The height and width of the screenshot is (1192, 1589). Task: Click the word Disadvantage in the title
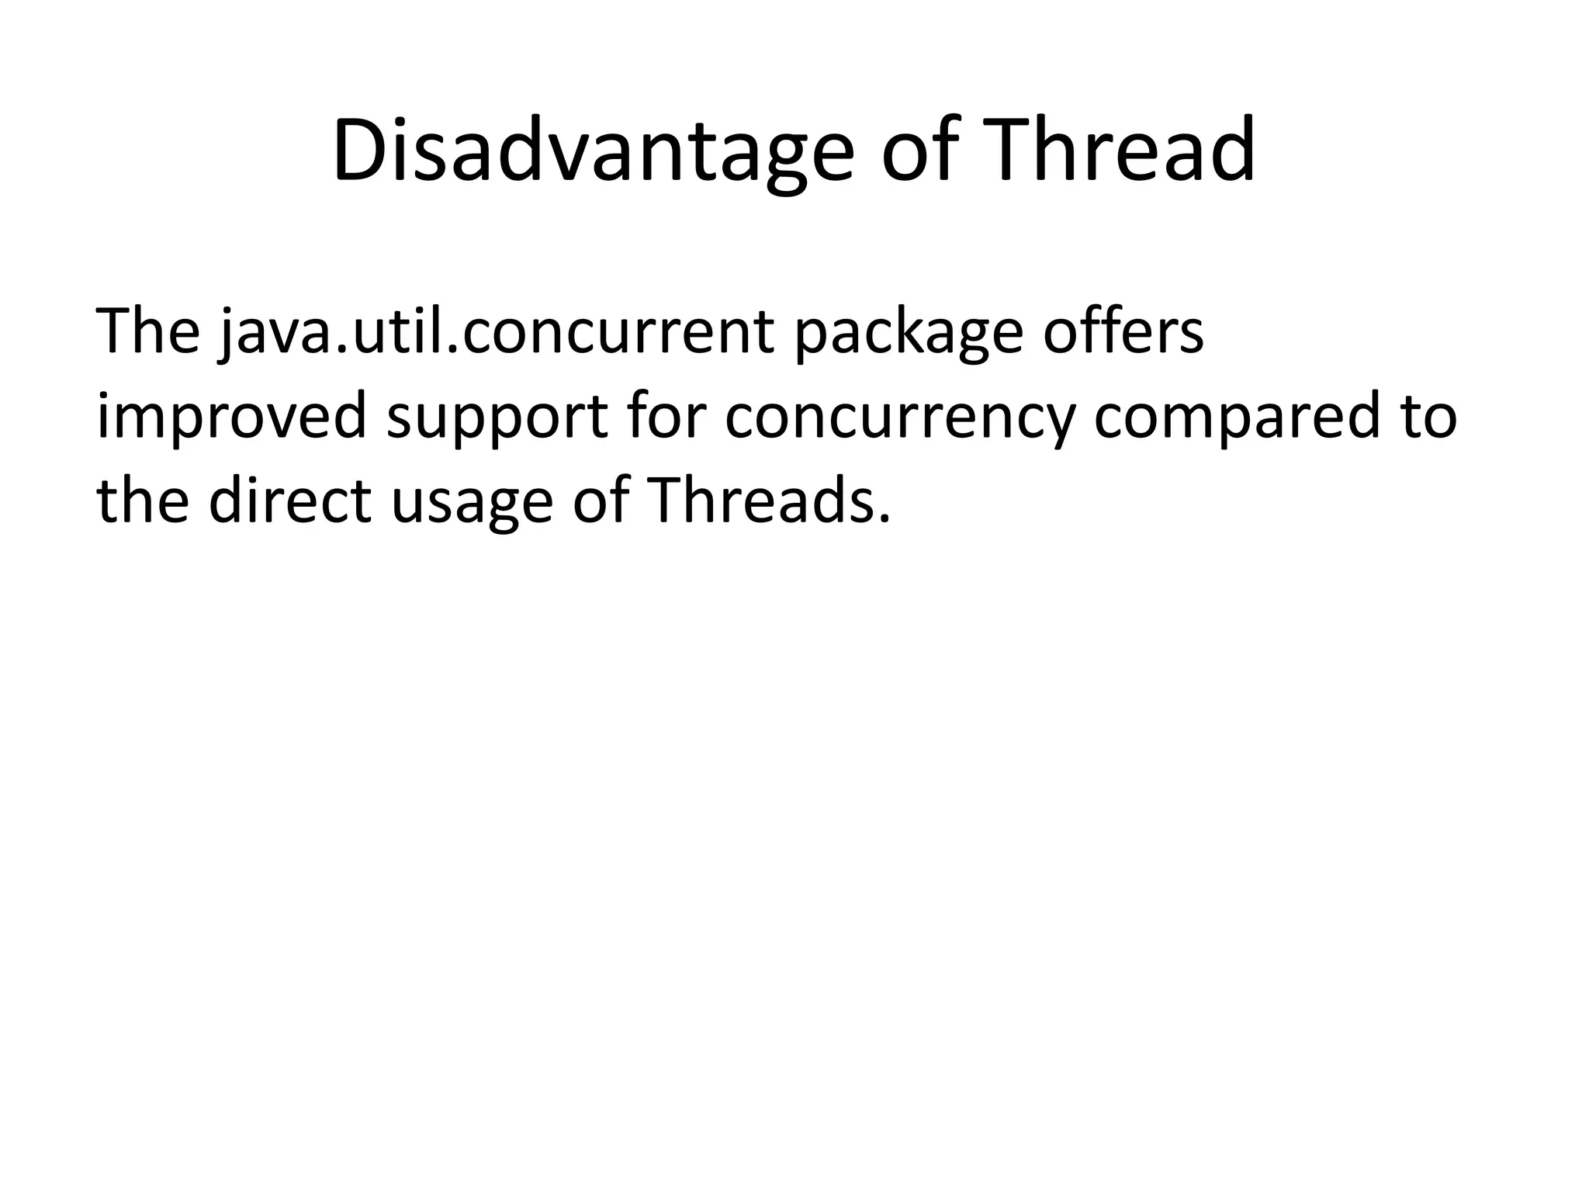pyautogui.click(x=593, y=151)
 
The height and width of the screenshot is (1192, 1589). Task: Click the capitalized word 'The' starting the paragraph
pyautogui.click(x=147, y=331)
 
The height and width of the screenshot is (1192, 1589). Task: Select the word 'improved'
pyautogui.click(x=230, y=418)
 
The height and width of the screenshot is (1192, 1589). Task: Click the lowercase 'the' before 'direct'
pyautogui.click(x=143, y=501)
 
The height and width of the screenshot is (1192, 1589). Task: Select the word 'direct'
pyautogui.click(x=290, y=501)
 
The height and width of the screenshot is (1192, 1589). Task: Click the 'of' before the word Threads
pyautogui.click(x=601, y=501)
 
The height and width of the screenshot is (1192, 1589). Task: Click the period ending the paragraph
pyautogui.click(x=883, y=518)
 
